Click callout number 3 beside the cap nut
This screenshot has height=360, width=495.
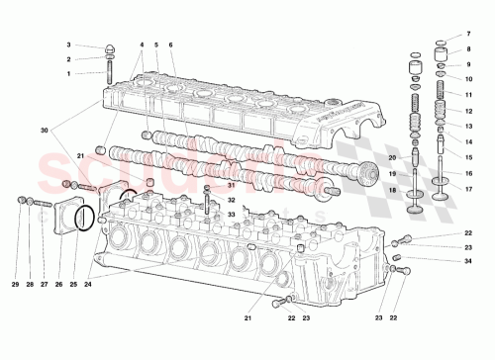[68, 45]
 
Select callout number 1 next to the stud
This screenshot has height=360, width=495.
[68, 73]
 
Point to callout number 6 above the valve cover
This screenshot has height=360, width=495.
[170, 45]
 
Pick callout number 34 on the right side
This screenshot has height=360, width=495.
[469, 261]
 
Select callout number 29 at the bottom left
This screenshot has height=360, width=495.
[16, 286]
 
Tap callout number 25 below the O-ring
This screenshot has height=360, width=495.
[73, 286]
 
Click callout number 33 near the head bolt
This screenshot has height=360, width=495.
[231, 213]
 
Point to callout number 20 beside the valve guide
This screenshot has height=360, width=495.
[392, 158]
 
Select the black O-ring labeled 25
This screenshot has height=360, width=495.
[86, 218]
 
